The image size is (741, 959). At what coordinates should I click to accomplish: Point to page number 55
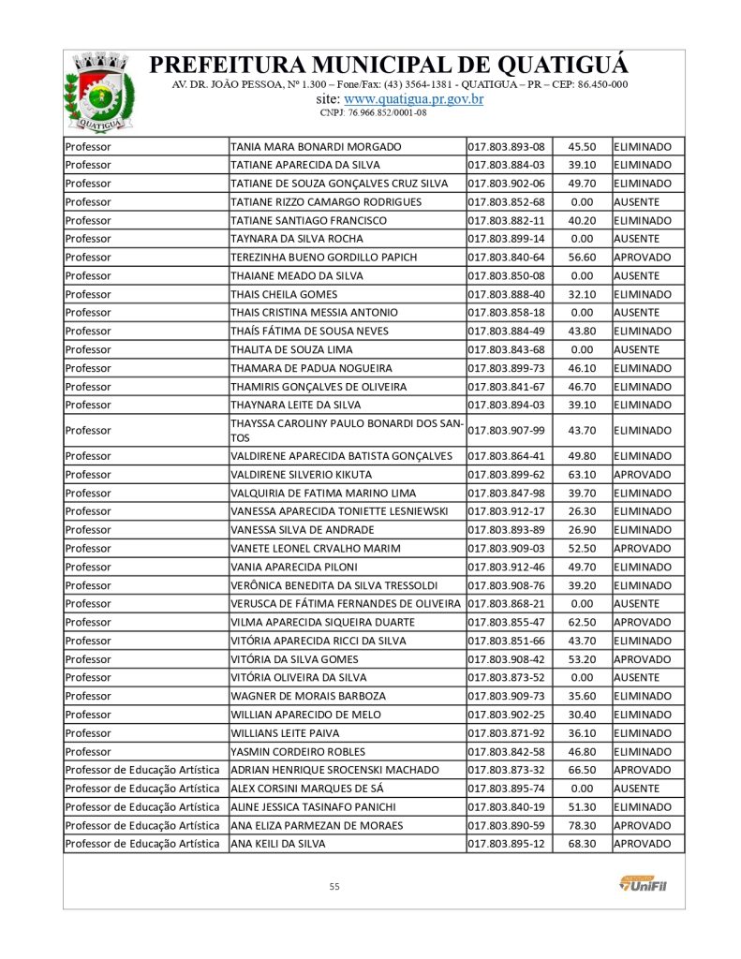pyautogui.click(x=334, y=886)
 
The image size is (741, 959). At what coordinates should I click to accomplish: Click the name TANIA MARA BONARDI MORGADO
pyautogui.click(x=316, y=147)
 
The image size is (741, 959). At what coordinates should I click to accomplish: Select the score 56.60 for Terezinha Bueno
pyautogui.click(x=582, y=258)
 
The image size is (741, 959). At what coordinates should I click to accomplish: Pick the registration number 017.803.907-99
pyautogui.click(x=506, y=431)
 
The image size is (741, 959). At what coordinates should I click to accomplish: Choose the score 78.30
pyautogui.click(x=582, y=826)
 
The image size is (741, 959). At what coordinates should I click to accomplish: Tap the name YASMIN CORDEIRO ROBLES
pyautogui.click(x=298, y=752)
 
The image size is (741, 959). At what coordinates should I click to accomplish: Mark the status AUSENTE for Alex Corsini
pyautogui.click(x=637, y=789)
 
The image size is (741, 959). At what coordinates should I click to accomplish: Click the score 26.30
pyautogui.click(x=582, y=511)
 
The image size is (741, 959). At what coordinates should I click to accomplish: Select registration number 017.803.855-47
pyautogui.click(x=506, y=623)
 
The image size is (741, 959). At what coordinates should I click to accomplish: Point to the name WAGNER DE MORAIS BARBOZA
pyautogui.click(x=308, y=697)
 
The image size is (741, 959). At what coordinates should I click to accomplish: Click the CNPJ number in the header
pyautogui.click(x=373, y=112)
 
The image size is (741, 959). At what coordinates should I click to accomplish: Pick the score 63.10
pyautogui.click(x=582, y=475)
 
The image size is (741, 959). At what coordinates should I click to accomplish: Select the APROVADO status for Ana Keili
pyautogui.click(x=643, y=844)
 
